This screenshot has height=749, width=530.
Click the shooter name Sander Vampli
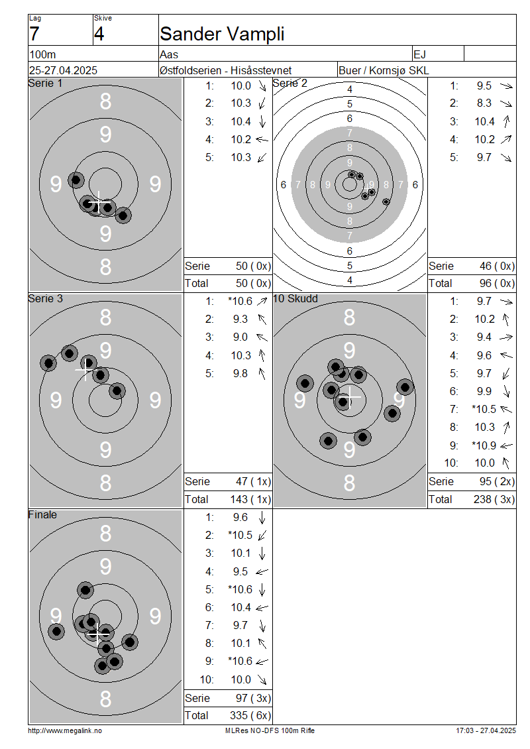click(222, 34)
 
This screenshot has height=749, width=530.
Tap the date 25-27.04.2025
click(63, 70)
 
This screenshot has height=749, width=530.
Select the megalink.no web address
click(65, 730)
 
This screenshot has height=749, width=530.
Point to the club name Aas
click(169, 54)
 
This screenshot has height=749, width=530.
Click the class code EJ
click(420, 54)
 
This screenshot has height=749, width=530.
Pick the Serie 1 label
click(45, 83)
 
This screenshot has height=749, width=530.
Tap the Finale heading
click(42, 514)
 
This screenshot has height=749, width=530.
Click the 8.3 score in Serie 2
click(484, 103)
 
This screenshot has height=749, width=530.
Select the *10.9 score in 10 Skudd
click(484, 445)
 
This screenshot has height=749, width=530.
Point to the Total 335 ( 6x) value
click(250, 715)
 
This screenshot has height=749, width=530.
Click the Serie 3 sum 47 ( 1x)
click(253, 481)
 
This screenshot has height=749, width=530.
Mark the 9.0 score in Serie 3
click(240, 337)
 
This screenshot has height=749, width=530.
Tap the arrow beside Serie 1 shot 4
click(262, 139)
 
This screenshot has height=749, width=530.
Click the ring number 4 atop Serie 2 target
click(350, 89)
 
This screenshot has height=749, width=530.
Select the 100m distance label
click(42, 54)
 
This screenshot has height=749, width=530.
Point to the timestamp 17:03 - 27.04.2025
click(486, 730)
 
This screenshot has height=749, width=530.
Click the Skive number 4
click(99, 34)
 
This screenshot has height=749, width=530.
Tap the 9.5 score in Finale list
click(240, 571)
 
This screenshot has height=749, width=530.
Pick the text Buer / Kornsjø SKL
click(384, 71)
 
